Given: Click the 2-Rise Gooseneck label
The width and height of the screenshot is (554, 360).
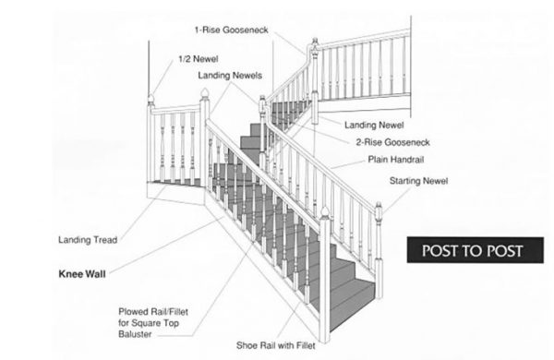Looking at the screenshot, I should [391, 142].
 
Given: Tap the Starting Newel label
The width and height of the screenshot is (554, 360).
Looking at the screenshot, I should [419, 180].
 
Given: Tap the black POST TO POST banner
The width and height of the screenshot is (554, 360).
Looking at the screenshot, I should [472, 250].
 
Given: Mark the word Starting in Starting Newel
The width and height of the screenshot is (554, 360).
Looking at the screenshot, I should [407, 180].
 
